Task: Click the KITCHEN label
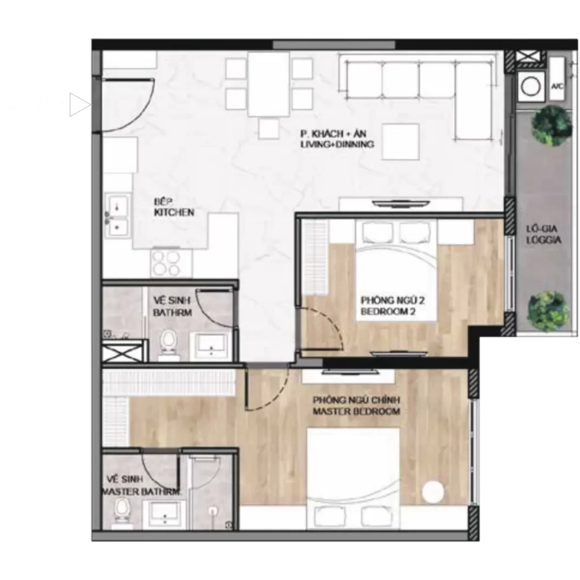click(x=174, y=212)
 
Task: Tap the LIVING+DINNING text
click(x=337, y=144)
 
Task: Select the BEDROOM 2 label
click(x=388, y=312)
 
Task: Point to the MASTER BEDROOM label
click(x=356, y=411)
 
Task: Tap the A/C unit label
click(x=557, y=87)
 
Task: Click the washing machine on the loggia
click(x=531, y=87)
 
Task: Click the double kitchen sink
click(x=118, y=215)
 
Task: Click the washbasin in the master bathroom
click(x=165, y=514)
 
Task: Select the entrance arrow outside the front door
click(x=79, y=105)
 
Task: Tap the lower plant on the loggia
click(x=548, y=312)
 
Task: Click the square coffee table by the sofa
click(x=400, y=142)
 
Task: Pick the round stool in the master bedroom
click(x=433, y=492)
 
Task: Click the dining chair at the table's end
click(x=268, y=129)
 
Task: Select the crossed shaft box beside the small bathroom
click(x=122, y=352)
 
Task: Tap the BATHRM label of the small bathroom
click(x=172, y=313)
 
